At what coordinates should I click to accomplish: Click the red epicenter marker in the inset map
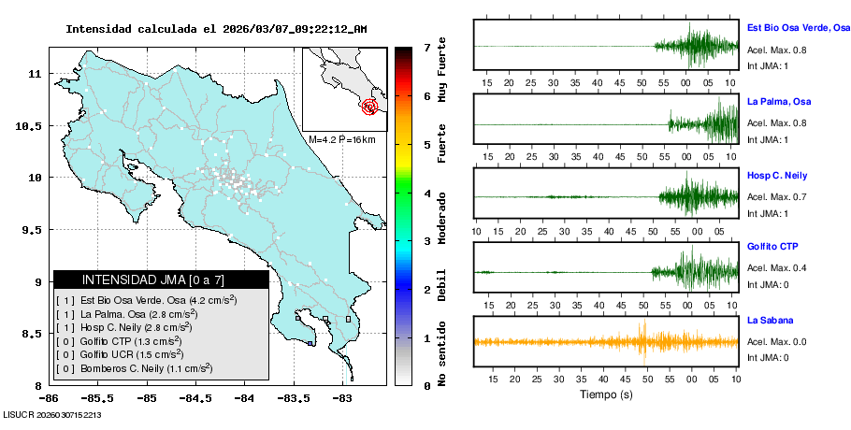coord(370,107)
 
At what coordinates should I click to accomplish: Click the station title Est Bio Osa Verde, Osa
coord(798,28)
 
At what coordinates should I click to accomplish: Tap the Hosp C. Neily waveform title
coord(777,176)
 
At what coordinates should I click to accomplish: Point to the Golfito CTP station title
coord(772,247)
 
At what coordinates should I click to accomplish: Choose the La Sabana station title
coord(770,321)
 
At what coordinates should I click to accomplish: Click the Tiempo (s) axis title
coord(605,394)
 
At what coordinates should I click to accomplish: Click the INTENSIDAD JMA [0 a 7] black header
coord(161,279)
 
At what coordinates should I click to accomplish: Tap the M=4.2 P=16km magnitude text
coord(341,139)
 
